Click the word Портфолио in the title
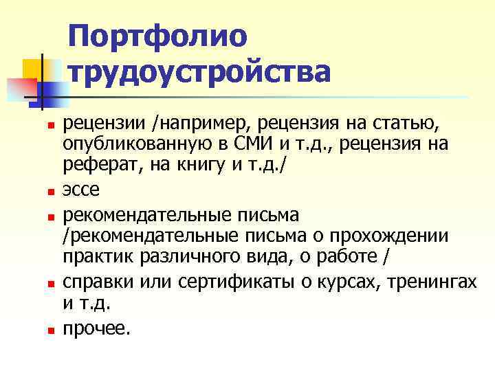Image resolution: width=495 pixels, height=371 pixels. (157, 36)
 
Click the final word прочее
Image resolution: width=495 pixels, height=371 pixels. (96, 329)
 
